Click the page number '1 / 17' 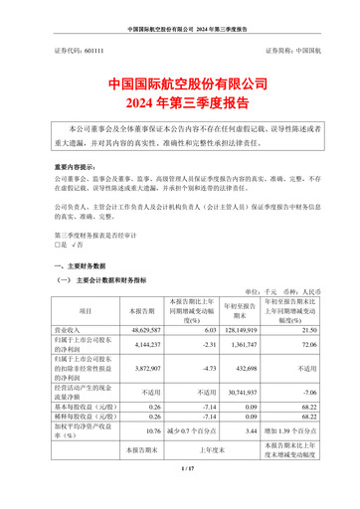180,494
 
